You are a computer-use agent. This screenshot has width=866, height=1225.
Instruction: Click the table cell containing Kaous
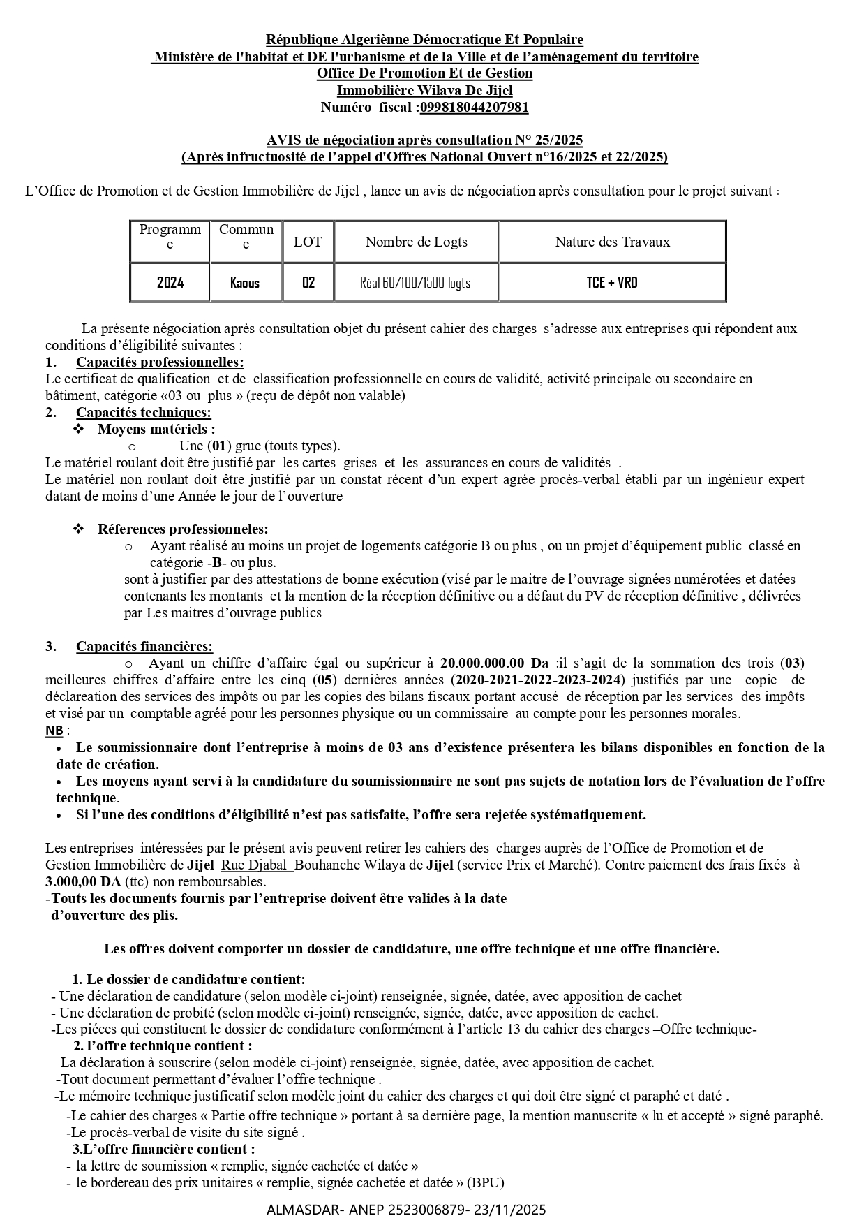coord(245,282)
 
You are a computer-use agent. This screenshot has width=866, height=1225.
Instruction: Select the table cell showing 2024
coord(170,282)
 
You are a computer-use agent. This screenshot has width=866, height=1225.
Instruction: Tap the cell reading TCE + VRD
coord(612,282)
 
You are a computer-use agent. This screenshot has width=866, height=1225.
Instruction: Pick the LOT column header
coord(308,242)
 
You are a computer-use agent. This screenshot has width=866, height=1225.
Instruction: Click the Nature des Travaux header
coord(612,242)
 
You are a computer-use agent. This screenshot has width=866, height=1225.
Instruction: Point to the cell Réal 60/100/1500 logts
coord(415,282)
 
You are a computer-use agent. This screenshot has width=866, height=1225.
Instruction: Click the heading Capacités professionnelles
coord(160,362)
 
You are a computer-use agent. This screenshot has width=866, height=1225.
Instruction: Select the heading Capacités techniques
coord(143,412)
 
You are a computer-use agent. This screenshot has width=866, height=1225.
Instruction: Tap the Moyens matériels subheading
coord(156,429)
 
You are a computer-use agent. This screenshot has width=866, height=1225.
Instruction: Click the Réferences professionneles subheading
coord(182,529)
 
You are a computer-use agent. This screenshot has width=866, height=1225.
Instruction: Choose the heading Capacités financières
coord(144,646)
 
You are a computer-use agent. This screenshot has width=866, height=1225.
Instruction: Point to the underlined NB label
coord(54,730)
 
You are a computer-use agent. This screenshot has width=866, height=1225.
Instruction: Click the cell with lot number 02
coord(308,282)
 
